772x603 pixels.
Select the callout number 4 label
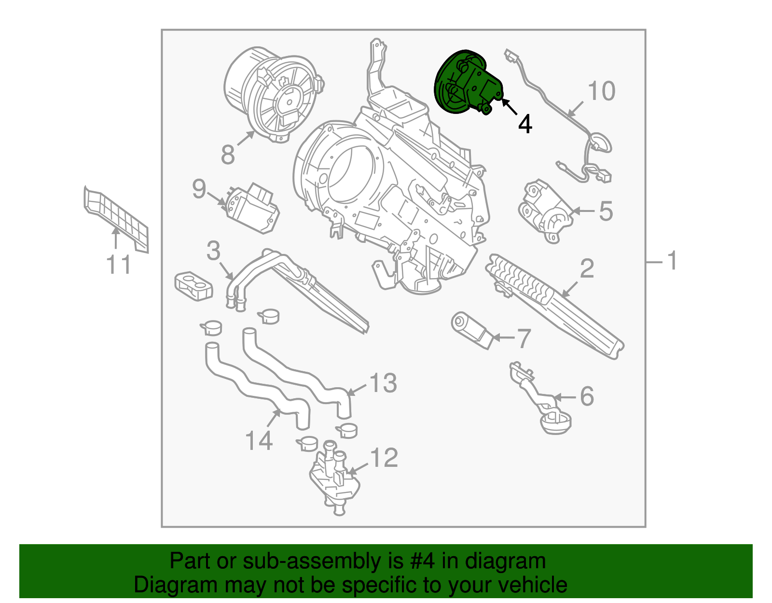525,124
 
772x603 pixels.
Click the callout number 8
228,154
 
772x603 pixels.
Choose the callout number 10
601,91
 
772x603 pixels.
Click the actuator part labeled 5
545,211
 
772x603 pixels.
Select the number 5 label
606,211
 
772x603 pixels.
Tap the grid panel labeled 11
116,217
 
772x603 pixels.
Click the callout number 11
119,265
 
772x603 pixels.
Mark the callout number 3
213,251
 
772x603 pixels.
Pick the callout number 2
587,268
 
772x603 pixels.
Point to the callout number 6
587,396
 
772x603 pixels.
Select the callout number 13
383,383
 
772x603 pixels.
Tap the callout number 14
259,441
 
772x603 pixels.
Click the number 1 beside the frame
672,261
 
